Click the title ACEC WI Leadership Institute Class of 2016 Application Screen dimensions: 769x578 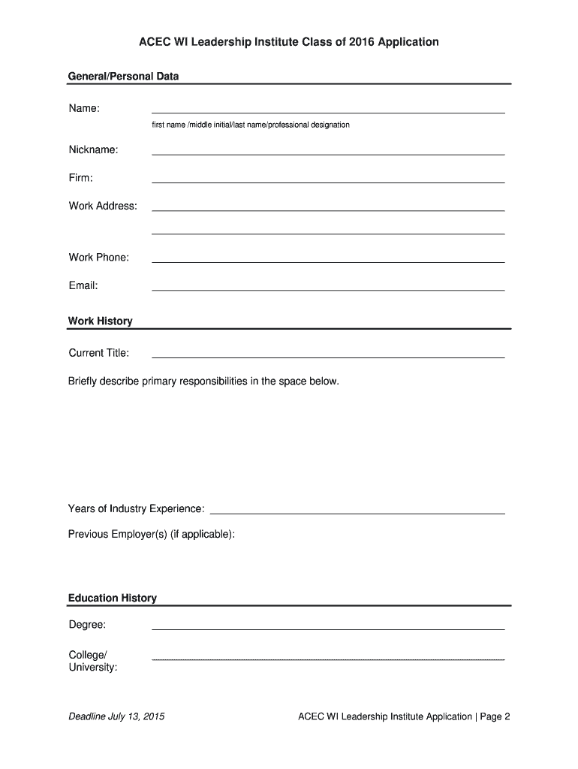[x=289, y=42]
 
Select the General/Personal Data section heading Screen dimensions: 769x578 [x=123, y=76]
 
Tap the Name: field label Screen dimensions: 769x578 [x=84, y=109]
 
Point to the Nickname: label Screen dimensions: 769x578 [x=93, y=150]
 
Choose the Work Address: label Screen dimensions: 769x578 [x=103, y=206]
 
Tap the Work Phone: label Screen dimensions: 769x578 [x=98, y=258]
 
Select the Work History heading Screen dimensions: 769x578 [x=100, y=321]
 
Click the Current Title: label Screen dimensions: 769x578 [x=98, y=353]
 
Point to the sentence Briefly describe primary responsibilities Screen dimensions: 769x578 [x=203, y=381]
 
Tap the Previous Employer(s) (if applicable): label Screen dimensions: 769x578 [x=152, y=535]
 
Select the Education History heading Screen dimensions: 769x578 [x=113, y=599]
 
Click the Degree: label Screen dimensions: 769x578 [x=87, y=625]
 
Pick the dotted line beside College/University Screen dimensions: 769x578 [x=328, y=659]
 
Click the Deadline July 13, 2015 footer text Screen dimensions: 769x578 [x=116, y=716]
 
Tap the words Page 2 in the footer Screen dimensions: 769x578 [x=495, y=716]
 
